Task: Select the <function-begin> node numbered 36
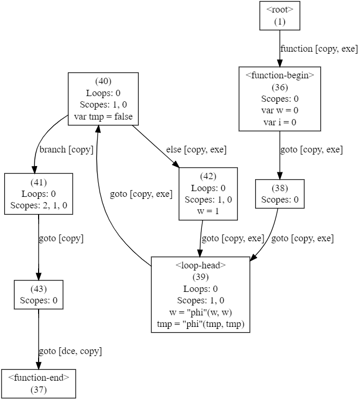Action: tap(280, 98)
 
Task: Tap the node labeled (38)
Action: tap(280, 194)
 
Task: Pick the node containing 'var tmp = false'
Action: tap(103, 99)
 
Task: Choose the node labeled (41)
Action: tap(39, 194)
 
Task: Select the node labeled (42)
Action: tap(208, 194)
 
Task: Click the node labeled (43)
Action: tap(39, 295)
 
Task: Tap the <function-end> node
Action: tap(39, 383)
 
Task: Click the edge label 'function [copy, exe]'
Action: tap(319, 49)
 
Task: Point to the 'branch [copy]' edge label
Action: tap(66, 150)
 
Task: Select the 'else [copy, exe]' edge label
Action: tap(196, 150)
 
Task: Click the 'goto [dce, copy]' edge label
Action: tap(70, 351)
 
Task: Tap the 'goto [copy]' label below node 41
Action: tap(61, 239)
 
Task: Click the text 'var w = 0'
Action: tap(280, 110)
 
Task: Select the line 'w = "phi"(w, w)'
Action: tap(201, 313)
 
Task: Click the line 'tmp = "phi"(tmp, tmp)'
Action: tap(201, 324)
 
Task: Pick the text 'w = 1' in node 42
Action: tap(208, 211)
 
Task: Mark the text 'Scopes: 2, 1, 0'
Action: tap(39, 205)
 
